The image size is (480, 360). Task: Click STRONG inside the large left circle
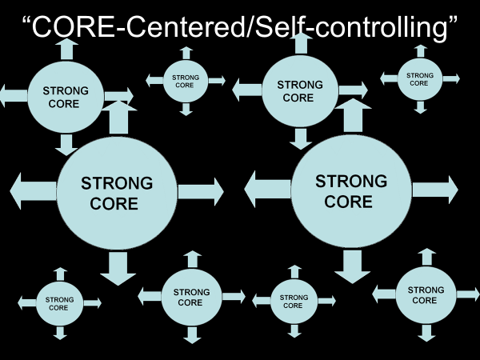(x=117, y=183)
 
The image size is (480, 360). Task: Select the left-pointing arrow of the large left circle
(x=32, y=191)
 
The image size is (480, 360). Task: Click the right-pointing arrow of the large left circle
(x=200, y=191)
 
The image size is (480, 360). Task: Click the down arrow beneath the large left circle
(x=118, y=268)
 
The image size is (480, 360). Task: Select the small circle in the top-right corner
(x=420, y=79)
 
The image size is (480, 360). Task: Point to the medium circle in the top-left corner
(x=66, y=97)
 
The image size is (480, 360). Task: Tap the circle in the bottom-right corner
(x=426, y=295)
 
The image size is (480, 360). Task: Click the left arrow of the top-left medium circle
(x=14, y=97)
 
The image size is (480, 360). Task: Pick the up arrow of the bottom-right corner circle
(x=426, y=256)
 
